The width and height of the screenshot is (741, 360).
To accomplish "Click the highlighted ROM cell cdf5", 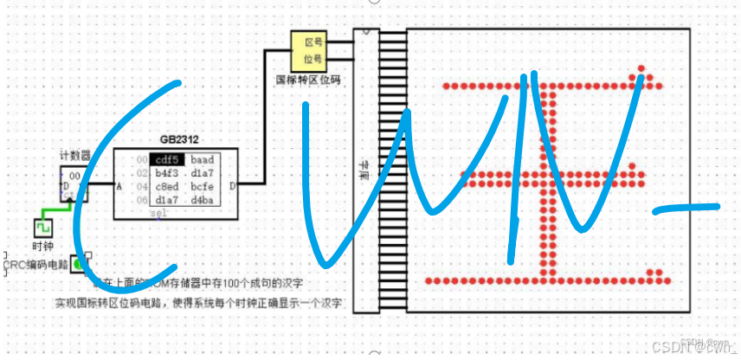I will click(x=166, y=160).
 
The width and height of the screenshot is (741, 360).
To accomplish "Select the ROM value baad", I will click(x=202, y=160).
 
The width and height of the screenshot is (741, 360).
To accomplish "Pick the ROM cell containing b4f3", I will click(x=166, y=173).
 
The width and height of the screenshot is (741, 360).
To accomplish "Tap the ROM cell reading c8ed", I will click(x=166, y=187).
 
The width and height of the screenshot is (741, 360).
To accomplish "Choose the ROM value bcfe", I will click(x=202, y=187).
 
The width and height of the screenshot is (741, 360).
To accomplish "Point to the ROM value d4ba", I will click(x=202, y=201).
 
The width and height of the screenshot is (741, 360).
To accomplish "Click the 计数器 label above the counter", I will click(x=74, y=156).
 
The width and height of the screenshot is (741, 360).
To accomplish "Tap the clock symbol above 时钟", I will click(x=43, y=228).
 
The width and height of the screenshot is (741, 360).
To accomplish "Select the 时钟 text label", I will click(x=43, y=246).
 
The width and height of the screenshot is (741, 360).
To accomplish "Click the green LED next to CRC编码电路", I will click(x=79, y=263).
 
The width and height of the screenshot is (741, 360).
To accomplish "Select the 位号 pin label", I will click(x=313, y=59).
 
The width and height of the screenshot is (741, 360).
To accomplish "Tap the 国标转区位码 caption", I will click(x=308, y=79).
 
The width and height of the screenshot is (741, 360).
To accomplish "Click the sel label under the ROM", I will click(x=158, y=213).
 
